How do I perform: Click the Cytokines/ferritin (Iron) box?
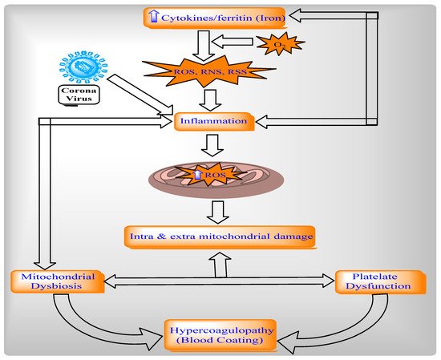click(215, 18)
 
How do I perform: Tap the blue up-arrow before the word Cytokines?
click(153, 16)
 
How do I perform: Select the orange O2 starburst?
click(281, 43)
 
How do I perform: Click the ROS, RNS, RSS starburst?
click(209, 71)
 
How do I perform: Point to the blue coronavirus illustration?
click(83, 67)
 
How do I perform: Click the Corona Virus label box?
click(79, 95)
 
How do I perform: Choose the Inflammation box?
click(214, 122)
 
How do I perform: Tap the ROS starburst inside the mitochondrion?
click(208, 175)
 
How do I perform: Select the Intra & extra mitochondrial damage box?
click(220, 237)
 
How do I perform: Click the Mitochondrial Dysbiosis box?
click(58, 281)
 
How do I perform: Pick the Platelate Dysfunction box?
click(381, 282)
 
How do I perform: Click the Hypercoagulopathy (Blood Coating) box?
click(221, 335)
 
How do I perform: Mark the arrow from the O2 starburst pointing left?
click(233, 42)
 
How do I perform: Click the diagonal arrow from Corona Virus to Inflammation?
click(140, 95)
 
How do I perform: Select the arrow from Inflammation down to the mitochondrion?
click(212, 145)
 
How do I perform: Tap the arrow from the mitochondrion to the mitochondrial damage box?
click(218, 212)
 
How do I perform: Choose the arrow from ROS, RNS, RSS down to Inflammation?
click(210, 100)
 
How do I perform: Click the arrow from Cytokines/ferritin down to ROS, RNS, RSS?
click(204, 46)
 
